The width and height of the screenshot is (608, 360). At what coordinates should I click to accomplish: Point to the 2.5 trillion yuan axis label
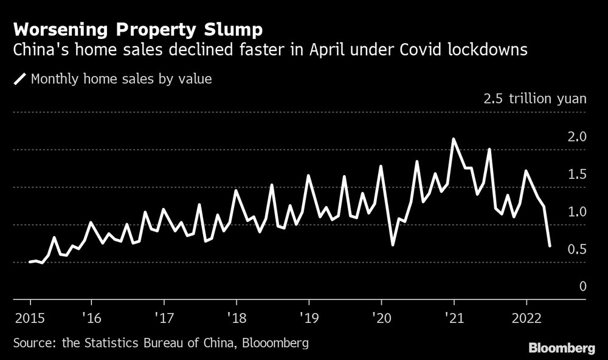coord(534,99)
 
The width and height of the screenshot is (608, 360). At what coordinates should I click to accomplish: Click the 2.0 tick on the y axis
coord(577,137)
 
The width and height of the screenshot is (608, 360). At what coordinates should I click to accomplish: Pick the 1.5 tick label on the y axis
coord(577,175)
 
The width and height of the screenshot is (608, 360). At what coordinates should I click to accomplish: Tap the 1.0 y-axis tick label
coord(577,212)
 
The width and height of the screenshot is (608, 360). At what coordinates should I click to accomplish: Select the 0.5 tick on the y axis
coord(577,249)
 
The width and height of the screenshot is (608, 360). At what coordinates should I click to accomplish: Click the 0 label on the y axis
coord(582,286)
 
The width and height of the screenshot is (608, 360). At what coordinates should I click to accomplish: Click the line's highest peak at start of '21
coord(454,139)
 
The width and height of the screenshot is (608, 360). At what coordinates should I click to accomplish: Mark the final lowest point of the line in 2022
coord(550,246)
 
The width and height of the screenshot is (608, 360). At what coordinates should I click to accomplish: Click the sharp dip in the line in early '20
coord(393,244)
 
